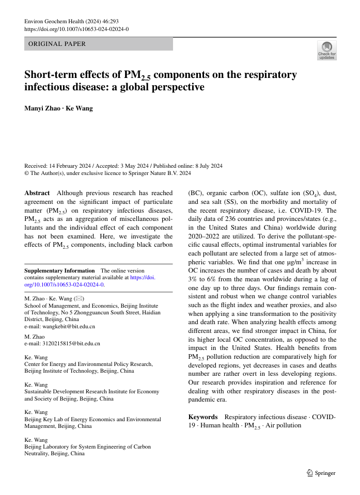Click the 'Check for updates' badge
click(x=326, y=51)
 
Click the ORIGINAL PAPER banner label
click(x=57, y=44)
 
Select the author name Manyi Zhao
click(x=41, y=108)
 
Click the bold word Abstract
click(x=37, y=193)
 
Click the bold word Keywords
click(x=203, y=417)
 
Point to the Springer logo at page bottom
click(x=321, y=473)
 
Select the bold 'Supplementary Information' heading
click(x=60, y=270)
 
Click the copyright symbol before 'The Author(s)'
click(x=27, y=173)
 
